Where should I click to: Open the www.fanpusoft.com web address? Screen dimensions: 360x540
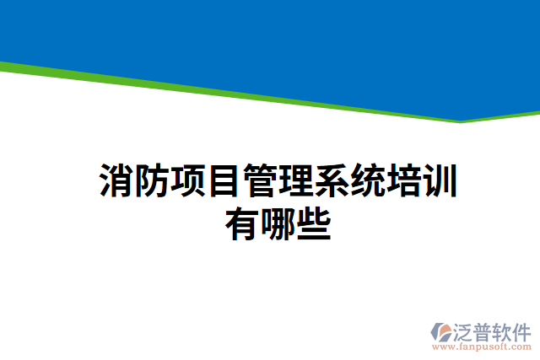[x=482, y=346]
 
